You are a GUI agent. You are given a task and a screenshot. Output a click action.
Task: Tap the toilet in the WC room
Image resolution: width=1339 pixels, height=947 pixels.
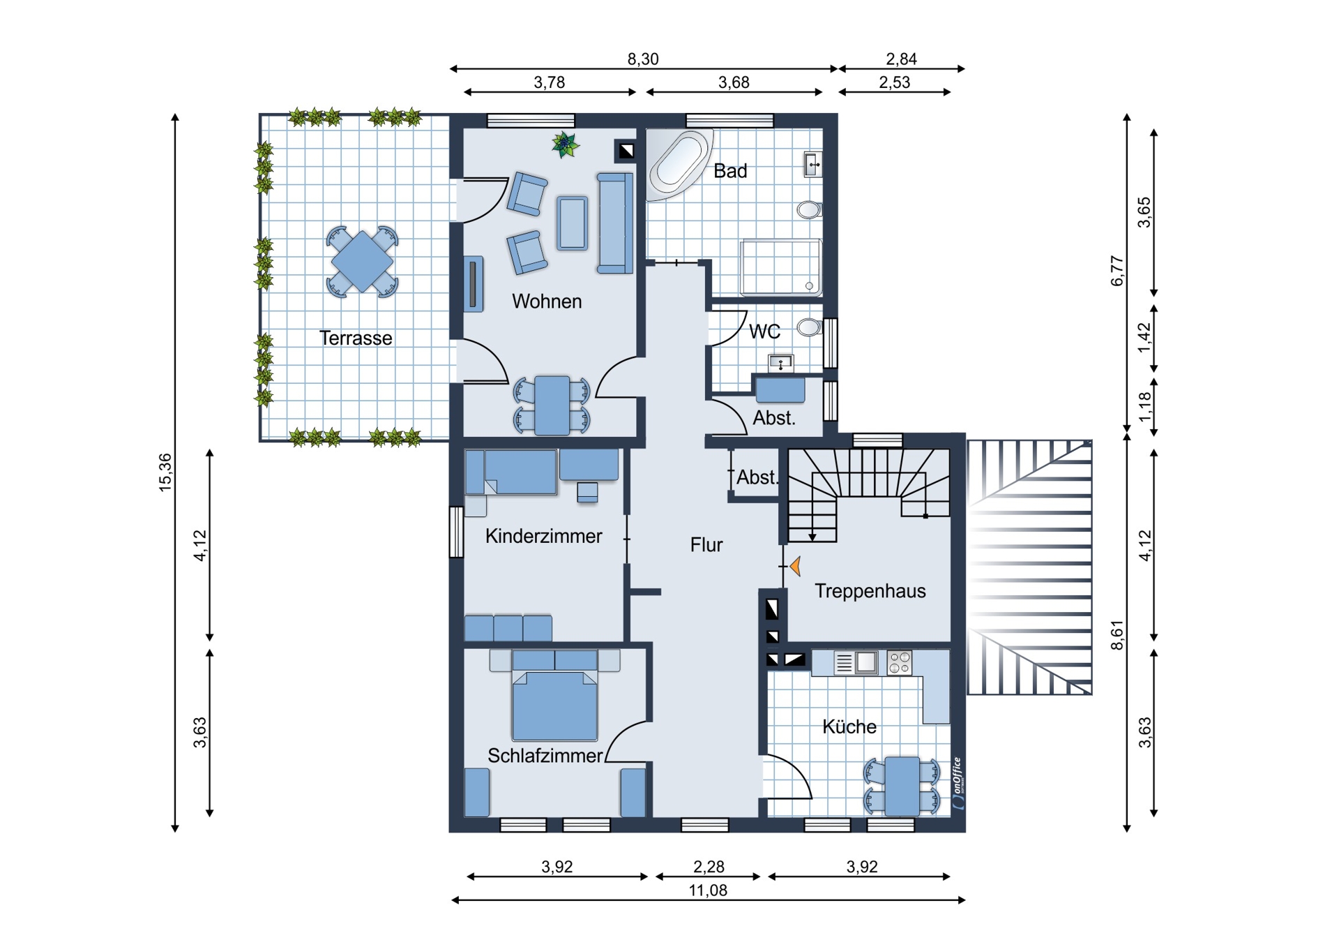[x=810, y=327]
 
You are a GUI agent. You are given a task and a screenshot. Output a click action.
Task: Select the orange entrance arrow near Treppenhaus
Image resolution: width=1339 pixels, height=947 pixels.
[x=795, y=566]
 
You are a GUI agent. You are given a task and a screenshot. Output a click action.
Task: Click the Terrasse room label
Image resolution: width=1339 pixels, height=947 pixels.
[x=356, y=338]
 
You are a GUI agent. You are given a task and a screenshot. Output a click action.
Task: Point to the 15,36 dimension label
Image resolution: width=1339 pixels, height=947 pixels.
[x=165, y=472]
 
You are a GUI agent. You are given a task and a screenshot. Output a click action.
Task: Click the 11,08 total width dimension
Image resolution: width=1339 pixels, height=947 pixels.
[x=708, y=890]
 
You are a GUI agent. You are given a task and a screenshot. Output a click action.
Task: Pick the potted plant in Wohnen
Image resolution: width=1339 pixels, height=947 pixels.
[x=565, y=144]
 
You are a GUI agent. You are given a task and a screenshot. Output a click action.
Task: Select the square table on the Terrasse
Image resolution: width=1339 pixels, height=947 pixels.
[x=362, y=262]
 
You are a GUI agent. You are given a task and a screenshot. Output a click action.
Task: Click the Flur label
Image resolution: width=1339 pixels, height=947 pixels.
[x=706, y=545]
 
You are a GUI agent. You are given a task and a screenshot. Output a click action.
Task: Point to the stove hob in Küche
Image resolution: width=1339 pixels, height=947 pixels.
[x=900, y=663]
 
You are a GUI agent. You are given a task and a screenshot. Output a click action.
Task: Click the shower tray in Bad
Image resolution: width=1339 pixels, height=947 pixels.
[x=781, y=267]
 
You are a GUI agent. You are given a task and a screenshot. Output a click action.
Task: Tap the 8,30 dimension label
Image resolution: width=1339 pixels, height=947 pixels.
[x=643, y=59]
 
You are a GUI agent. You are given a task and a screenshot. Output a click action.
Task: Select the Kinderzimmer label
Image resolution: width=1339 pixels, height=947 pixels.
[x=544, y=536]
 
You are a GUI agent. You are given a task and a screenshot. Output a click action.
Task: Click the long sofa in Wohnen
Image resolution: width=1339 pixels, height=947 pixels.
[x=615, y=223]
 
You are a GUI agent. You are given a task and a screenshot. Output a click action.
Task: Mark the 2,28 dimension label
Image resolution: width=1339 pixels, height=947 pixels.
[x=709, y=867]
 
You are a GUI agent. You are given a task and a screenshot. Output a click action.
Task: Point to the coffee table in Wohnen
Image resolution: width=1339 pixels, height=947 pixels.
[x=572, y=223]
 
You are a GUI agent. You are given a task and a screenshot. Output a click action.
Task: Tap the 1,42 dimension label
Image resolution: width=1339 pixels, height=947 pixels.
[x=1144, y=338]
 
